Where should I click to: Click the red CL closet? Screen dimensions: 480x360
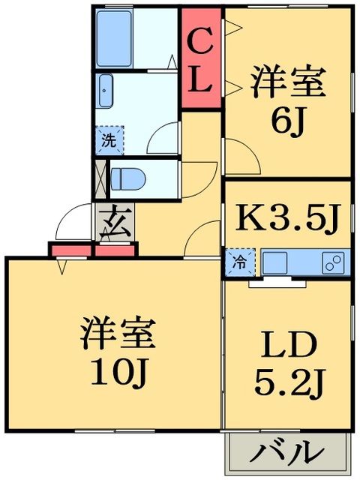tap(201, 59)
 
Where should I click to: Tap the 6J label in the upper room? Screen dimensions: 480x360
tap(288, 122)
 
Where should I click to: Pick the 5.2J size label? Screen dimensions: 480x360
tap(288, 385)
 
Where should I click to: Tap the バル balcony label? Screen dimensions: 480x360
tap(289, 453)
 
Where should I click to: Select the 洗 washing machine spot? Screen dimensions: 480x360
tap(109, 140)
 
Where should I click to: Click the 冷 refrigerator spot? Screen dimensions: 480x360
tap(239, 262)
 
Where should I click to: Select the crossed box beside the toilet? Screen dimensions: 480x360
tap(100, 180)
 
